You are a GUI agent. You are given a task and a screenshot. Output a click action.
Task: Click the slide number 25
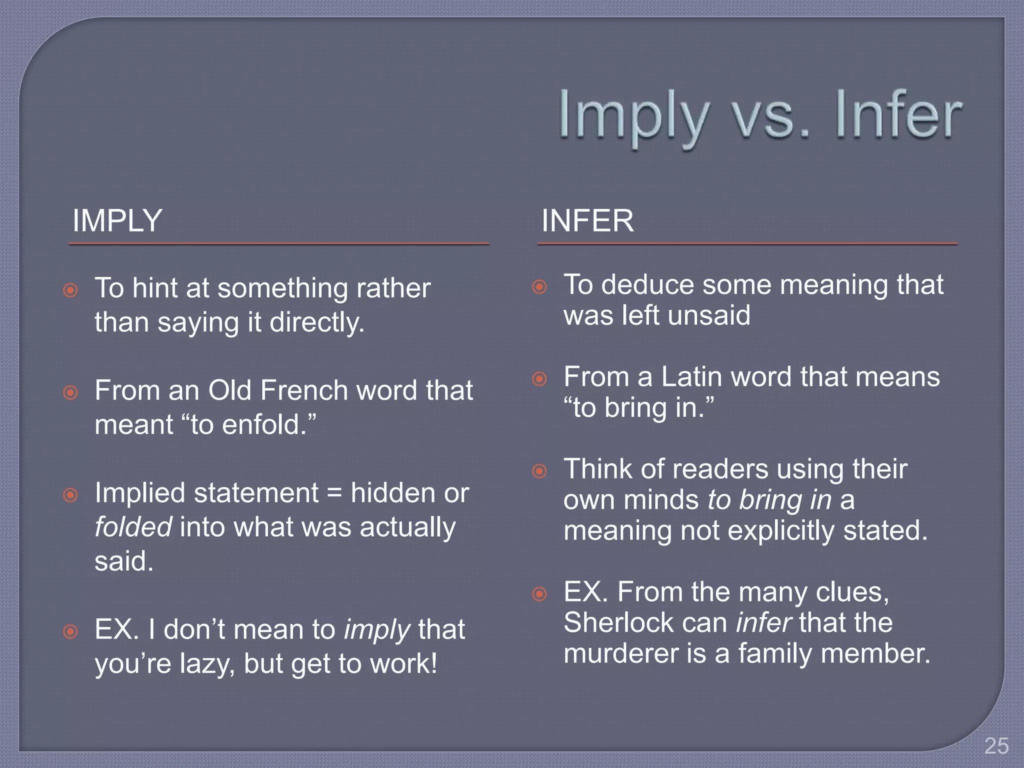coord(996,746)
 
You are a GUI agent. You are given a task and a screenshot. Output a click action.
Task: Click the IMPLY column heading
coord(117,220)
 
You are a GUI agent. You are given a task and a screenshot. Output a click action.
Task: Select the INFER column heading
coord(587,220)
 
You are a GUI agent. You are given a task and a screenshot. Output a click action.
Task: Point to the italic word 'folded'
coord(133,527)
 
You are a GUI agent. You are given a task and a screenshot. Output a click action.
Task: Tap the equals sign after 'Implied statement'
coord(334,493)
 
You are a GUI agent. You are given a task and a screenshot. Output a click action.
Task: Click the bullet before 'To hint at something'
coord(70,290)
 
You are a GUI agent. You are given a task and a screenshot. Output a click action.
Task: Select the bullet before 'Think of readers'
coord(539,470)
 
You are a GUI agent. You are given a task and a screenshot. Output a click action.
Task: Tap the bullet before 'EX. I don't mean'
coord(70,631)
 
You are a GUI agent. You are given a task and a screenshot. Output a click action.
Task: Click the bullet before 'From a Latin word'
coord(539,378)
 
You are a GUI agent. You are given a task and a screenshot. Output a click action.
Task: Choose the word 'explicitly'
coord(781,530)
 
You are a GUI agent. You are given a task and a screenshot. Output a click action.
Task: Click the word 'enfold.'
coord(268,425)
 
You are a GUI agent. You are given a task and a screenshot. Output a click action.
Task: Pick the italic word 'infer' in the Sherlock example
coord(763,623)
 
